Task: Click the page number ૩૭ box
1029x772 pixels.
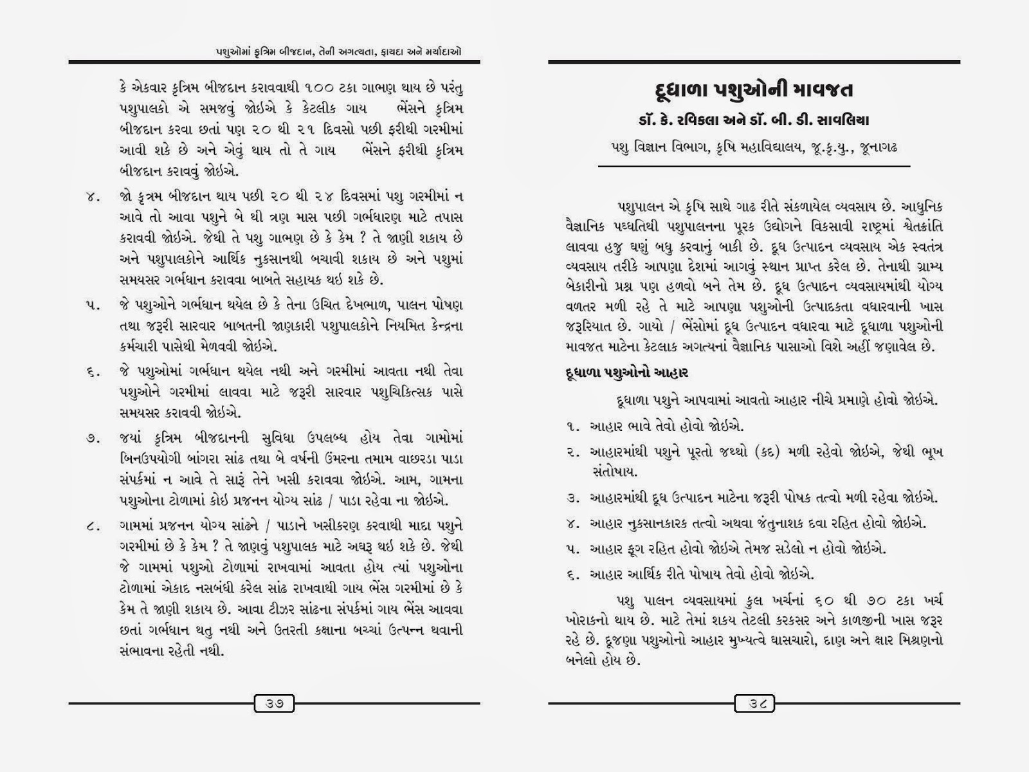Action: (274, 703)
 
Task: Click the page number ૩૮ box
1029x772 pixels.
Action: (754, 703)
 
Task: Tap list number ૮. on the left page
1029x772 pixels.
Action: (91, 526)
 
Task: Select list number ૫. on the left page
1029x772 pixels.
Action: (91, 304)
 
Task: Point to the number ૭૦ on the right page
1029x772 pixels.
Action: (896, 601)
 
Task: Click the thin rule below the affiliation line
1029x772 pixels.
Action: (754, 167)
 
